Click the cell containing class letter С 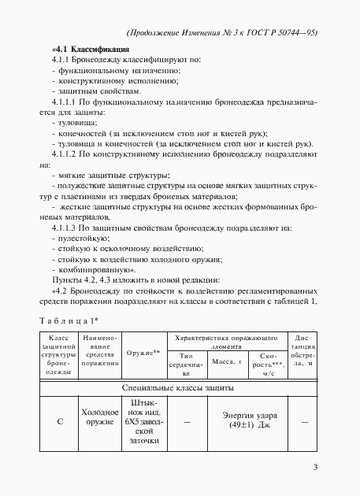(x=59, y=421)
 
